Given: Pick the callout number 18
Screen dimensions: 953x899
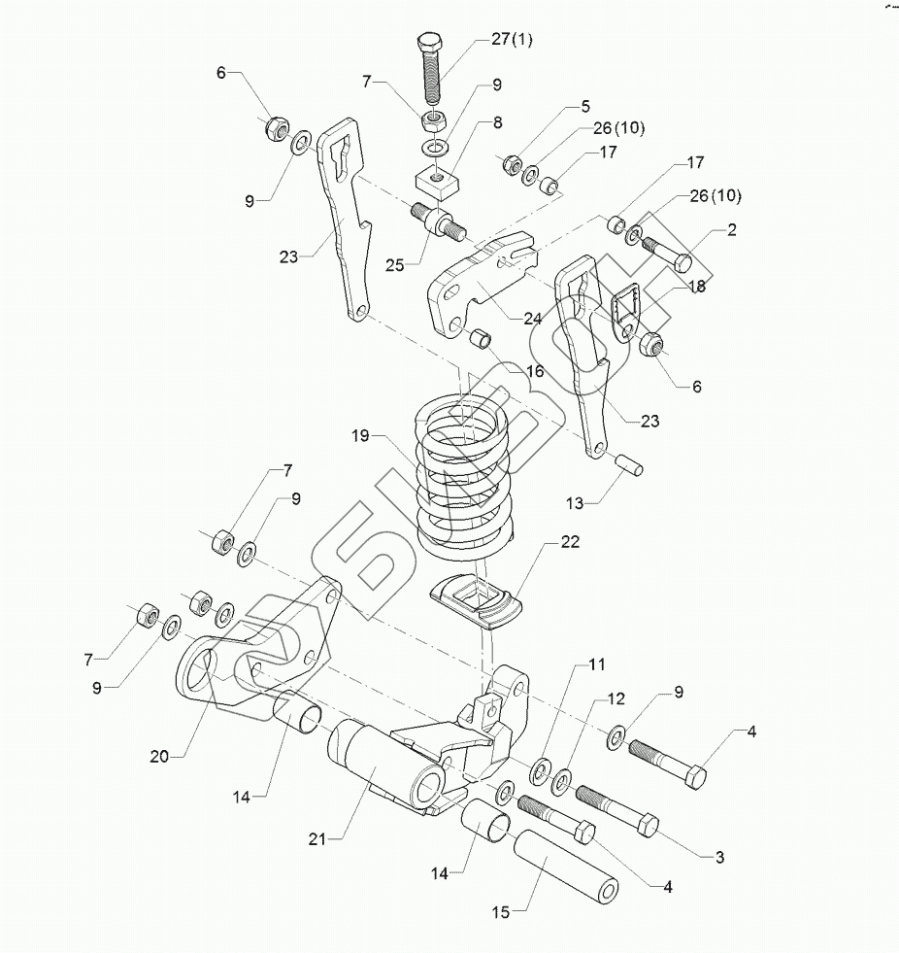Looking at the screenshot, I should (x=697, y=289).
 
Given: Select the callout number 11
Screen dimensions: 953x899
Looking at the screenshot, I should (x=596, y=666).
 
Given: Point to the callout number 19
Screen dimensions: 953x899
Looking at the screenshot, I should (x=362, y=436).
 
